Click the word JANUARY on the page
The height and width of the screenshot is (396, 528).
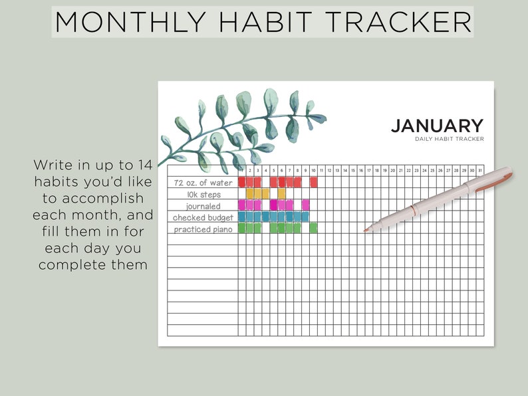pyautogui.click(x=436, y=126)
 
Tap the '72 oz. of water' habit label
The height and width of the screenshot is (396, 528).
pyautogui.click(x=203, y=183)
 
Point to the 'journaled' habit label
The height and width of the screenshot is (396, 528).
pyautogui.click(x=203, y=206)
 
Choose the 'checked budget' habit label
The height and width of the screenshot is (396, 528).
pyautogui.click(x=203, y=217)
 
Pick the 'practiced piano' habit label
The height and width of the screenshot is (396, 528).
pyautogui.click(x=203, y=229)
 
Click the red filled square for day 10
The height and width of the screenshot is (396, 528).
pyautogui.click(x=313, y=182)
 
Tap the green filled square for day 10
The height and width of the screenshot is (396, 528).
pyautogui.click(x=313, y=228)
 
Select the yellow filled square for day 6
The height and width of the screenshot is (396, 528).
pyautogui.click(x=281, y=193)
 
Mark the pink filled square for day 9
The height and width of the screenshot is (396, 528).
pyautogui.click(x=305, y=205)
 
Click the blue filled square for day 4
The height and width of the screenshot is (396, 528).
pyautogui.click(x=265, y=217)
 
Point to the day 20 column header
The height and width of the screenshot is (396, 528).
pyautogui.click(x=392, y=171)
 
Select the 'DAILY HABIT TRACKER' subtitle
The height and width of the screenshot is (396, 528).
pyautogui.click(x=449, y=139)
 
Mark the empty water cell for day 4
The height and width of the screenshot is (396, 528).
pyautogui.click(x=265, y=182)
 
